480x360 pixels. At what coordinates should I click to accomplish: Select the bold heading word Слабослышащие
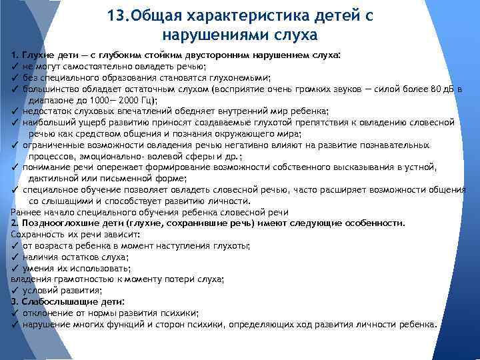click(x=57, y=302)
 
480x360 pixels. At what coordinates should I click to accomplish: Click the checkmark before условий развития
click(x=15, y=291)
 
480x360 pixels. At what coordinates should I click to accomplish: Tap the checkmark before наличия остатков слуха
click(x=15, y=257)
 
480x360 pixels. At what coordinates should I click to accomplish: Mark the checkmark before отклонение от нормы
click(x=15, y=313)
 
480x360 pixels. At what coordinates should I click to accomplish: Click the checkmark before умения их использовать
click(x=15, y=268)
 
